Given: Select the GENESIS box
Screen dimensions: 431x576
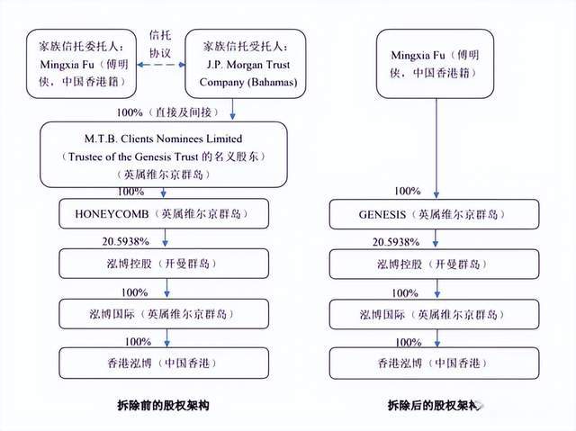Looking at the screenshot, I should tap(437, 215).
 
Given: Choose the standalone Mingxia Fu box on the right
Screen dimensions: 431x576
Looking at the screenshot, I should tap(437, 63).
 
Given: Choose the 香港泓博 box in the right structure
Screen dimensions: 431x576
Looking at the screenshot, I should tap(437, 363).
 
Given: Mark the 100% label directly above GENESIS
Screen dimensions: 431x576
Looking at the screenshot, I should tap(408, 192).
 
